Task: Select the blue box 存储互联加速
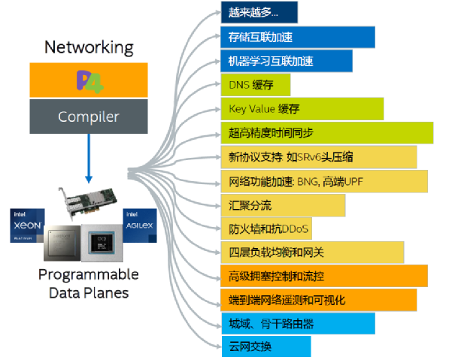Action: pos(297,37)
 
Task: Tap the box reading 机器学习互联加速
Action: pos(286,61)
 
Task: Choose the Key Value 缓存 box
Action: pos(302,109)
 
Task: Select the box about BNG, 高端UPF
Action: pos(323,181)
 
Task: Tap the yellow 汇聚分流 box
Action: pos(283,205)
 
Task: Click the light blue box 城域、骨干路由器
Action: pos(298,324)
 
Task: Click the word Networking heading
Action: pos(89,47)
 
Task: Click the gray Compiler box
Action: pos(89,116)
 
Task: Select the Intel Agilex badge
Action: pos(140,223)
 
